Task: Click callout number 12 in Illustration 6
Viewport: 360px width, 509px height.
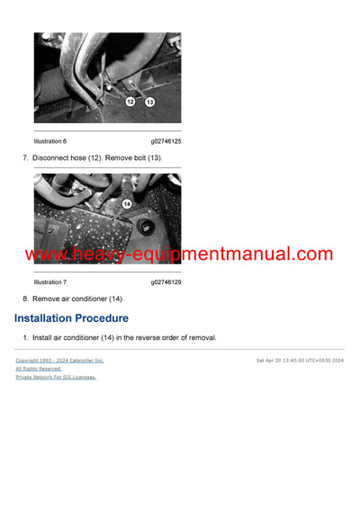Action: point(130,102)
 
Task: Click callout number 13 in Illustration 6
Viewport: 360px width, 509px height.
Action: point(149,103)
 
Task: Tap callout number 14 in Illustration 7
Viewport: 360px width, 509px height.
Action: point(127,204)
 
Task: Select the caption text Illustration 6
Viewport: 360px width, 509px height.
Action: point(49,141)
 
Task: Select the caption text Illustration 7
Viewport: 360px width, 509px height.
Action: point(49,281)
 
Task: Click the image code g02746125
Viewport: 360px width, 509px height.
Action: point(166,141)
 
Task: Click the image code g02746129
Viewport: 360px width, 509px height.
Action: point(166,281)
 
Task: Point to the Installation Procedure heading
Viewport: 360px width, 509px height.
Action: point(71,318)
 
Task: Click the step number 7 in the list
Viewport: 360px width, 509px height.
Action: point(24,158)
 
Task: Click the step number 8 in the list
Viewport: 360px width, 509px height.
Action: point(24,299)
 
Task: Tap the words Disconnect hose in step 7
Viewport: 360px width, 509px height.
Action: point(59,158)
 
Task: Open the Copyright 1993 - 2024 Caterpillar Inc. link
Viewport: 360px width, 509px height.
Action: point(59,360)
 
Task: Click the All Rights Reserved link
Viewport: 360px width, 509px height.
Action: point(39,369)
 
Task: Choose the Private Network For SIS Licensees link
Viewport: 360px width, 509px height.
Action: point(56,377)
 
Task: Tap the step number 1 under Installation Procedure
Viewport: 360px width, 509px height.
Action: point(24,338)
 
